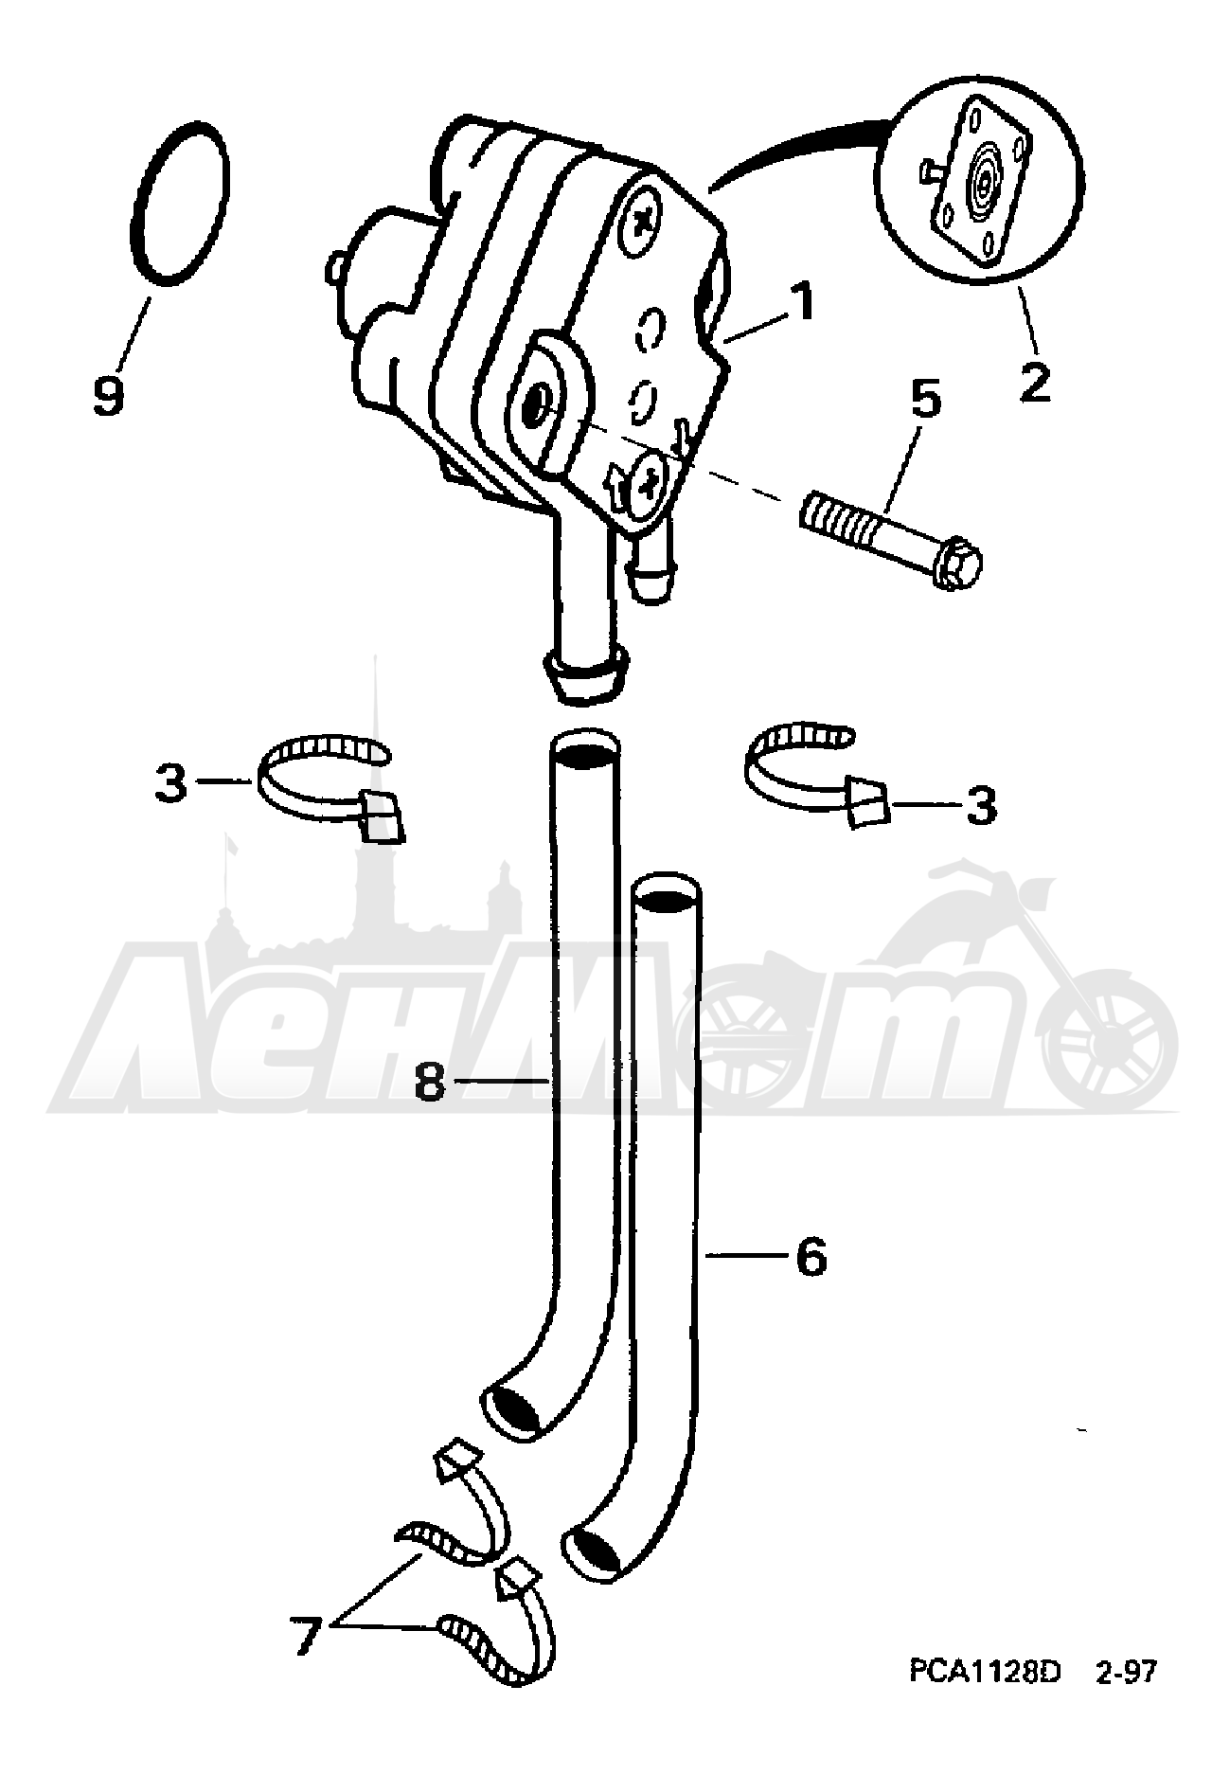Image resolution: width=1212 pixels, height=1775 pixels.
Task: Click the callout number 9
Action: [x=109, y=394]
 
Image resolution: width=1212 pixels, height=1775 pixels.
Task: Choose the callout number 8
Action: [x=431, y=1081]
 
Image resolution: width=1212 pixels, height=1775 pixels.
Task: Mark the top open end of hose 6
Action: [x=667, y=892]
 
